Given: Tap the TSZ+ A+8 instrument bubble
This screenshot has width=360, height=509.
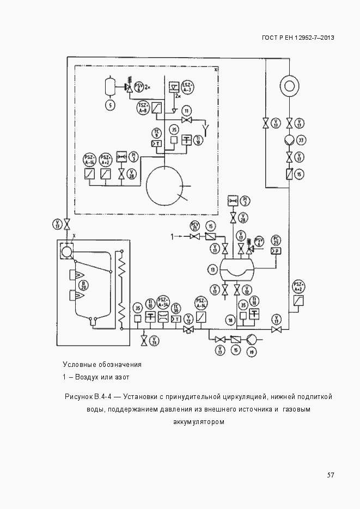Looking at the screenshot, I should click(144, 107).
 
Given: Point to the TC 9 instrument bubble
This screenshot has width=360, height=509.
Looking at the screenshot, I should click(156, 133).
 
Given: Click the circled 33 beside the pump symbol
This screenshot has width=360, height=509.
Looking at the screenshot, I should click(301, 140).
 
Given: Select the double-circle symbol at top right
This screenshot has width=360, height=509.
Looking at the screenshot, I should click(289, 85).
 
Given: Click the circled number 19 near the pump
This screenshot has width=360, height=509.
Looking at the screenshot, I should click(253, 353).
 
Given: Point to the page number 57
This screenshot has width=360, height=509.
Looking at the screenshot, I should click(330, 475).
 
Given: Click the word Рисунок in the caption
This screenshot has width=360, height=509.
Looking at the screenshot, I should click(78, 396).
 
